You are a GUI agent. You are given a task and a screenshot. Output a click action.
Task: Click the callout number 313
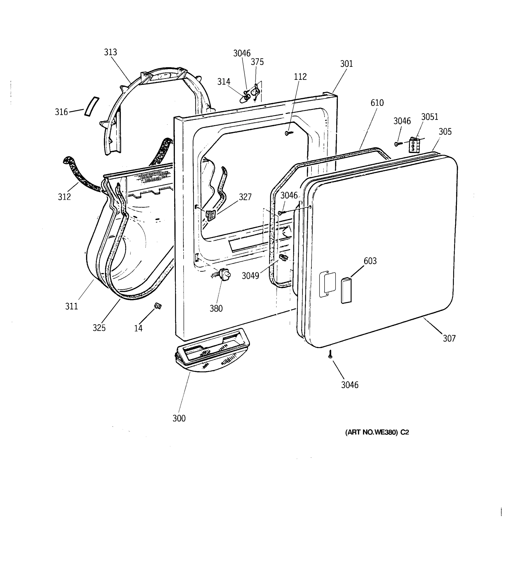pos(110,52)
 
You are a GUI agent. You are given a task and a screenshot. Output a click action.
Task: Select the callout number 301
pos(346,64)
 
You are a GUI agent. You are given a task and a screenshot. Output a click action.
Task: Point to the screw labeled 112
pos(288,133)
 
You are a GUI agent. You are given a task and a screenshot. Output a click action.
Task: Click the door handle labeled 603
pos(346,291)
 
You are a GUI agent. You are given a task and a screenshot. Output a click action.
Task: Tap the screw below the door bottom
pos(330,354)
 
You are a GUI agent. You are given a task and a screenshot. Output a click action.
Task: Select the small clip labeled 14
pos(158,306)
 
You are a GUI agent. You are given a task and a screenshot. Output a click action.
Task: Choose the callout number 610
pos(377,103)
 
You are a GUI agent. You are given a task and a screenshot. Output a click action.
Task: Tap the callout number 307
pos(449,338)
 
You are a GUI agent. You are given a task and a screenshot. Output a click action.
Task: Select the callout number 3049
pos(250,276)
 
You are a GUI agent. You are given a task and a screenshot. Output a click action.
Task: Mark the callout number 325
pos(99,328)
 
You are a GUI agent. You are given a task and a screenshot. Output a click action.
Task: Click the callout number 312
pos(64,197)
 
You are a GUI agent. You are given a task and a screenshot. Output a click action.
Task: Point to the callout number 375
pos(257,62)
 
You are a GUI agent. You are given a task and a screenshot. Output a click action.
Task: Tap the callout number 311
pos(71,306)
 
